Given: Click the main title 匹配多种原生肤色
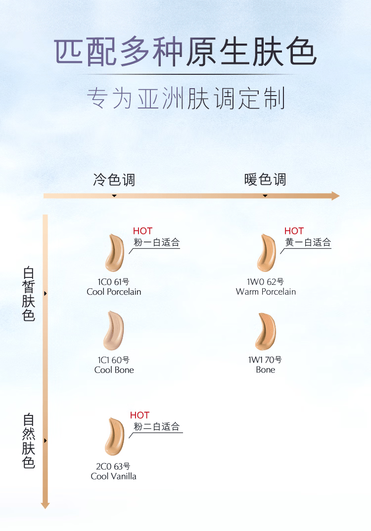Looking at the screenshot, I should pos(185,52).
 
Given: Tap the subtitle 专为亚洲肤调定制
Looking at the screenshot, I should pos(185,99).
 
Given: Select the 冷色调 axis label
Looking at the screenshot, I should pos(114,179).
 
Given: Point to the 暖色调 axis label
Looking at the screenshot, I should pos(265,179).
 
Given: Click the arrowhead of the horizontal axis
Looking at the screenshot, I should pos(335,196).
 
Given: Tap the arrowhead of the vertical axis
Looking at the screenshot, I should pos(46,505).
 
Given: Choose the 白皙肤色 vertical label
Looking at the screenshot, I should pos(29,294).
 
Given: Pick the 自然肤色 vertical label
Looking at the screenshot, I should pos(29,441).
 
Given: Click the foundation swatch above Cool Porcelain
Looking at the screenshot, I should pos(115,253).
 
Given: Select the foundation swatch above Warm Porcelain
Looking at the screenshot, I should pos(267,253).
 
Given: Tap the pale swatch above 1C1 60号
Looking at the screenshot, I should pos(114,330).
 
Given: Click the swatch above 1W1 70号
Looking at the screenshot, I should pos(266,331).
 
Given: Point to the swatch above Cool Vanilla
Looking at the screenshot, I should pos(115,436).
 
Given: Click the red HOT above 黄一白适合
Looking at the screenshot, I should pos(294,231).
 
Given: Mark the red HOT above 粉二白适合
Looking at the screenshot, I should pos(139,415).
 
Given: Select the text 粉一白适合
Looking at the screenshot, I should pos(156,243).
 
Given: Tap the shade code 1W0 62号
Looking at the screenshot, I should pos(266,282).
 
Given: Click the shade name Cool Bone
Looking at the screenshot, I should pos(114,370).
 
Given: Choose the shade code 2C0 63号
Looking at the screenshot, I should pos(113,466).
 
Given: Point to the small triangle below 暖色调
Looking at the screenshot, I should pos(265,196).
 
